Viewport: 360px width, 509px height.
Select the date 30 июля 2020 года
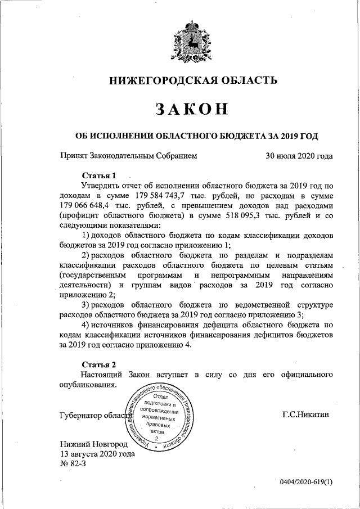click(x=299, y=156)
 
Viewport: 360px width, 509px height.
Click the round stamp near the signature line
click(x=160, y=417)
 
